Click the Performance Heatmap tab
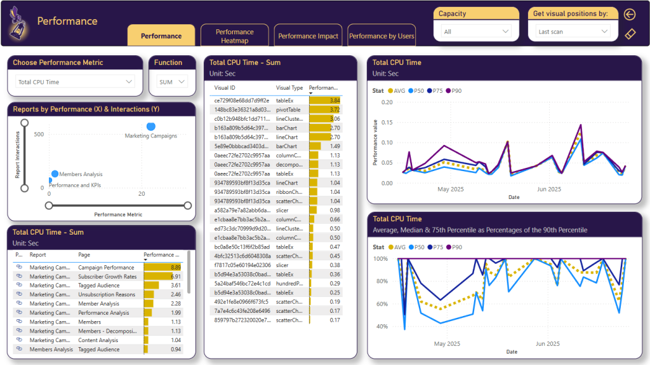click(x=234, y=36)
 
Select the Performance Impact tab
click(x=308, y=36)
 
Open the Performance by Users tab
click(x=381, y=36)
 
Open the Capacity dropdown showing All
click(x=476, y=31)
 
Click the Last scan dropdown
click(x=573, y=31)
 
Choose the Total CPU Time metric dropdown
click(x=75, y=82)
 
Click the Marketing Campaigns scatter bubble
click(x=151, y=127)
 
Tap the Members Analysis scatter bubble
click(x=55, y=174)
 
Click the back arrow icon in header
click(x=630, y=15)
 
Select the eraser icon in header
click(x=630, y=34)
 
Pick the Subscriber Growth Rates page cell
click(x=107, y=277)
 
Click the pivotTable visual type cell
click(x=289, y=109)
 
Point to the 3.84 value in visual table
click(x=335, y=100)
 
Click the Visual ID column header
click(x=225, y=88)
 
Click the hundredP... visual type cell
click(x=289, y=283)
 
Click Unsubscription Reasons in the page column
click(x=107, y=294)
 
